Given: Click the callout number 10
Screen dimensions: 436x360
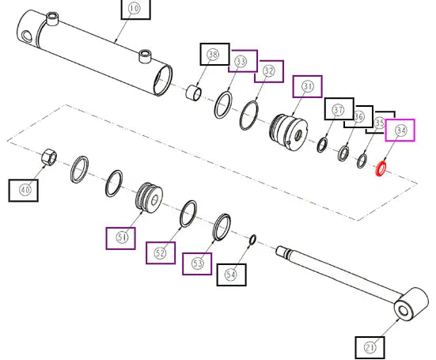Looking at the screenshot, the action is tap(135, 9).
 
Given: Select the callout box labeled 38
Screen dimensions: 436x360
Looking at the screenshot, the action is tap(215, 55).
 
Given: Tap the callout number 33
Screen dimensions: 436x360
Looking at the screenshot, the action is tap(241, 62).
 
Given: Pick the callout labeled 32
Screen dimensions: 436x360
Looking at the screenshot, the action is tap(269, 71).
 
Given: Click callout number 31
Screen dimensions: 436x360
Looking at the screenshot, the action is tap(307, 86).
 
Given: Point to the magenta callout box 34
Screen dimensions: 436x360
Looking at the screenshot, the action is tap(400, 131).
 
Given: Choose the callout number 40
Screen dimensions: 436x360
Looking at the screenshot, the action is tap(25, 190).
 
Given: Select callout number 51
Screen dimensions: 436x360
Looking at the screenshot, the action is tap(122, 237).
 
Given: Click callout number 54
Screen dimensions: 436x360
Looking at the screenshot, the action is tap(231, 275).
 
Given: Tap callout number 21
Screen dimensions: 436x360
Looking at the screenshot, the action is tap(370, 347).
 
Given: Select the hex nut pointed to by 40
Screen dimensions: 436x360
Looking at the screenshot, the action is tap(49, 157).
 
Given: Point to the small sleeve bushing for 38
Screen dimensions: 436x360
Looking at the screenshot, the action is tap(193, 93).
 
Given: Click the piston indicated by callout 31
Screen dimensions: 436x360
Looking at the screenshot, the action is tap(289, 132).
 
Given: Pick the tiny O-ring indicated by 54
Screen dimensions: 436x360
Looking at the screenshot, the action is tap(252, 240).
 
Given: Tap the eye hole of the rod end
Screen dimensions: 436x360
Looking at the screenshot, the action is tap(404, 311).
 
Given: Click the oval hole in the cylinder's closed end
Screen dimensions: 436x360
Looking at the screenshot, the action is tap(26, 36).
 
